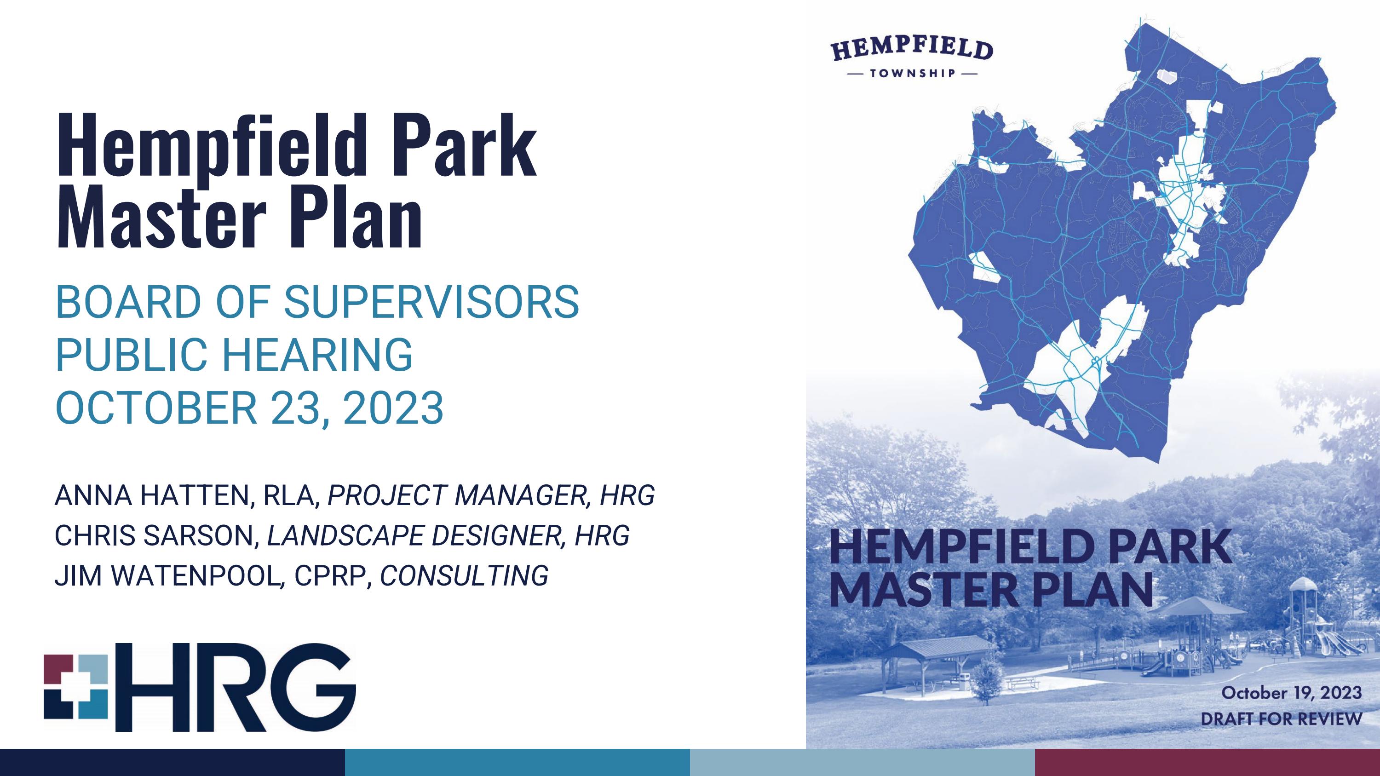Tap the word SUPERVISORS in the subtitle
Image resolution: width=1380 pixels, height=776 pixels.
point(431,302)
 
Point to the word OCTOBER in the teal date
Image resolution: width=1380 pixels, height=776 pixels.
point(156,408)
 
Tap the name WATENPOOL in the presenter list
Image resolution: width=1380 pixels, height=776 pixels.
point(196,575)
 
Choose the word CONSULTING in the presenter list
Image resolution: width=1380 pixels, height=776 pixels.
point(464,575)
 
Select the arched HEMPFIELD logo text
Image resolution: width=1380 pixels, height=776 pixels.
point(912,49)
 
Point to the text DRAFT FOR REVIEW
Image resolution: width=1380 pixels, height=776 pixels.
point(1281,718)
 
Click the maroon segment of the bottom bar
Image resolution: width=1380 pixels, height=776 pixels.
point(1207,762)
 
